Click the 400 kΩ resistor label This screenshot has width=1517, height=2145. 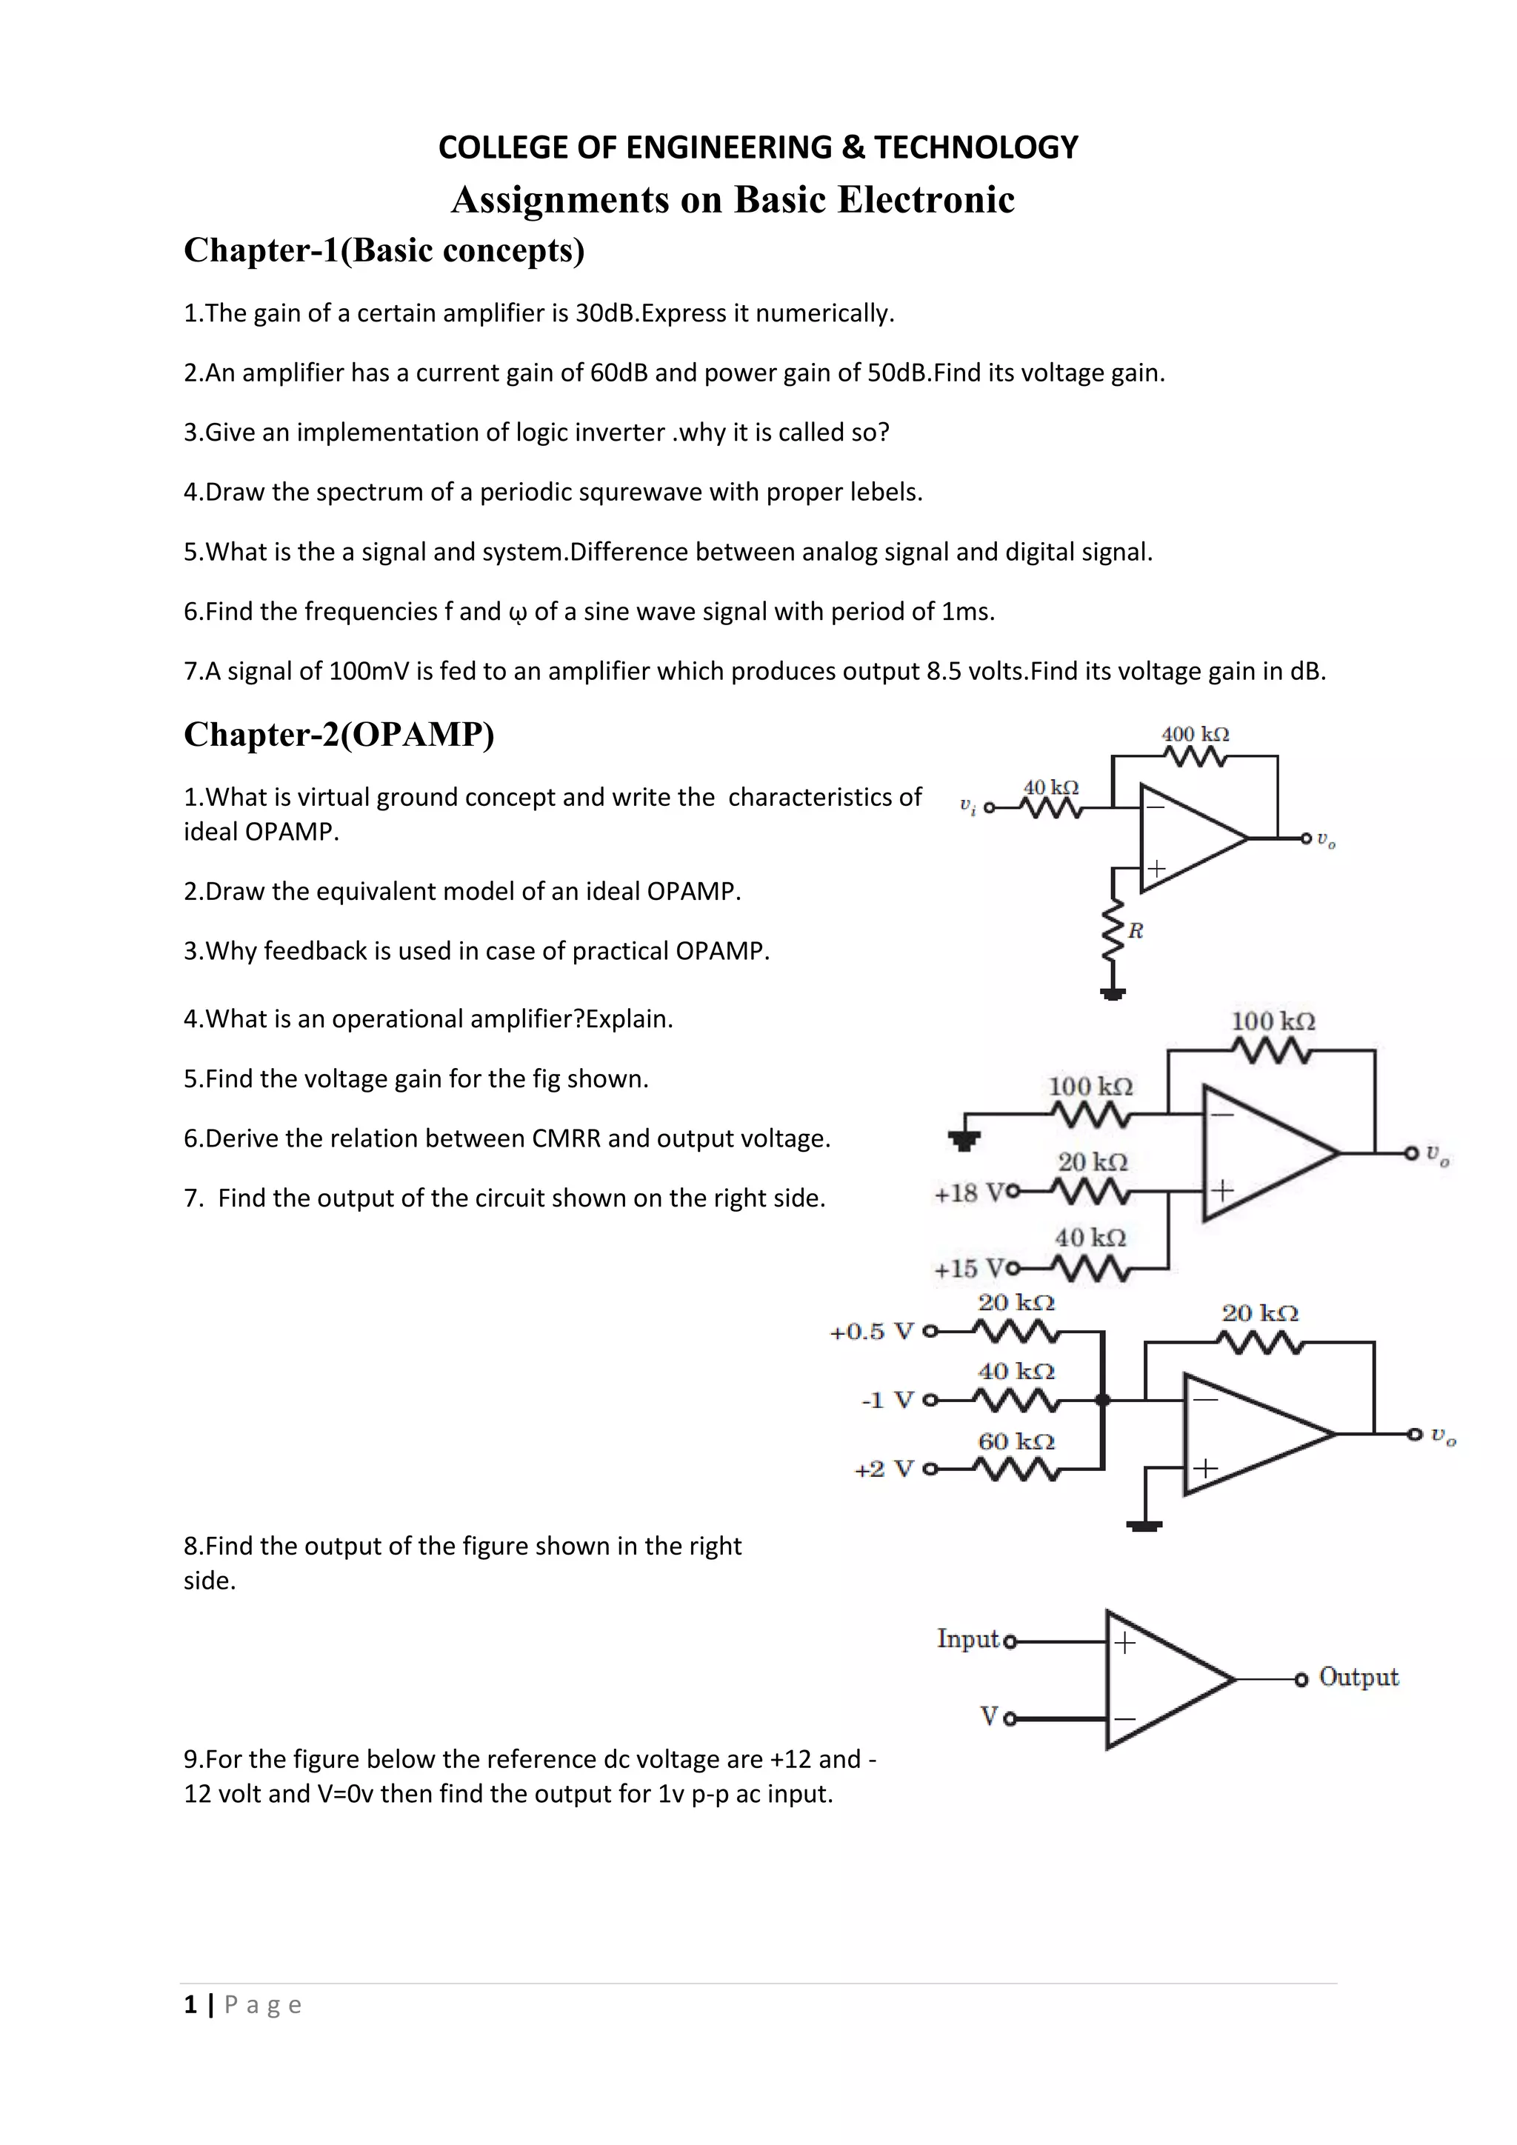(x=1195, y=734)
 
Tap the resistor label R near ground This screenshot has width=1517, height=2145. (x=1136, y=930)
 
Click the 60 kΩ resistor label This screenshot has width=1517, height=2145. (x=1016, y=1441)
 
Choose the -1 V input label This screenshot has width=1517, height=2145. (x=887, y=1401)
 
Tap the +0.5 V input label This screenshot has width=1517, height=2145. (x=872, y=1331)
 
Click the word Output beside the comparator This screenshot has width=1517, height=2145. (x=1358, y=1677)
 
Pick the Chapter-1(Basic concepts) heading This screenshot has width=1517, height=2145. (x=384, y=250)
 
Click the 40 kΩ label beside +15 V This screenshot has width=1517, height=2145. (x=1090, y=1238)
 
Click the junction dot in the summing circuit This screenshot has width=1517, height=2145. (x=1102, y=1399)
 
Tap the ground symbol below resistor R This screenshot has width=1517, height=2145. (x=1113, y=994)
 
